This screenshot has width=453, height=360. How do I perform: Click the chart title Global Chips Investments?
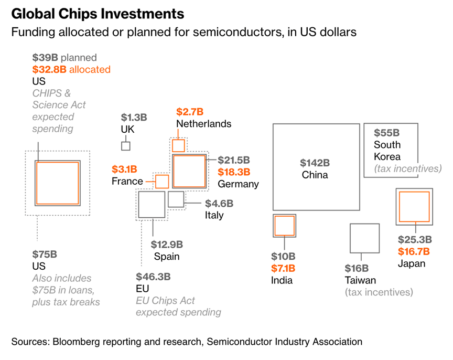[x=98, y=13]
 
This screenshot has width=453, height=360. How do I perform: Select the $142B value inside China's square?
[x=315, y=163]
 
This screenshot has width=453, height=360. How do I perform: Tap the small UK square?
[x=126, y=146]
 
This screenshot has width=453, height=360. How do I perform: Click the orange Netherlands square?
[x=179, y=145]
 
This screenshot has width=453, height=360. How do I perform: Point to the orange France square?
[x=162, y=182]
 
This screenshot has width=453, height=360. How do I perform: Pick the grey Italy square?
[x=176, y=199]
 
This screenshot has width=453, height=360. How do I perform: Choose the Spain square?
[x=152, y=205]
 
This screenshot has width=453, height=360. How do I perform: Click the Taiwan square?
[x=364, y=239]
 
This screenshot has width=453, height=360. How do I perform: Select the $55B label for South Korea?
[x=386, y=133]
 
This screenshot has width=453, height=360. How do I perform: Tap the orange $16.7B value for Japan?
[x=414, y=252]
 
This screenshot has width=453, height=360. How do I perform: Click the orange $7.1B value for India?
[x=283, y=269]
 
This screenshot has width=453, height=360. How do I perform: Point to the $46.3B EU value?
[x=153, y=277]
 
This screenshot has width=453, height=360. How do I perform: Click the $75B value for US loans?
[x=45, y=255]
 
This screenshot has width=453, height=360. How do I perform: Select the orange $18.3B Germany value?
[x=234, y=172]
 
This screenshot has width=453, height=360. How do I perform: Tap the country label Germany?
[x=238, y=184]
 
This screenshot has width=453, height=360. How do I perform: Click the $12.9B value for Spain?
[x=167, y=244]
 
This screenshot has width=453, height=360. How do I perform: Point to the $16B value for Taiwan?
[x=357, y=268]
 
